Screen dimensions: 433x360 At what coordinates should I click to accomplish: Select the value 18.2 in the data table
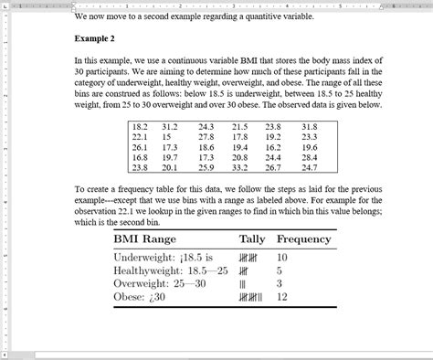coord(140,127)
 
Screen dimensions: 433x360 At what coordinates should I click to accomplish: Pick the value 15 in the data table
coord(169,137)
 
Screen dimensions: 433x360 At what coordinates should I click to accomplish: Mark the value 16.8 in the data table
coord(140,158)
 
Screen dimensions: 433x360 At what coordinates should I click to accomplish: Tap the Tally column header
coord(252,239)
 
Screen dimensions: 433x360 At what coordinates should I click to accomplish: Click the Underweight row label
coord(146,258)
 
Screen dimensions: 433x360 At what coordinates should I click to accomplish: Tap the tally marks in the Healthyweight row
coord(246,271)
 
